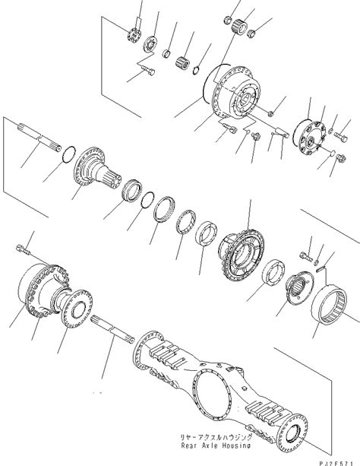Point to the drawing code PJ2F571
(335, 458)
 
